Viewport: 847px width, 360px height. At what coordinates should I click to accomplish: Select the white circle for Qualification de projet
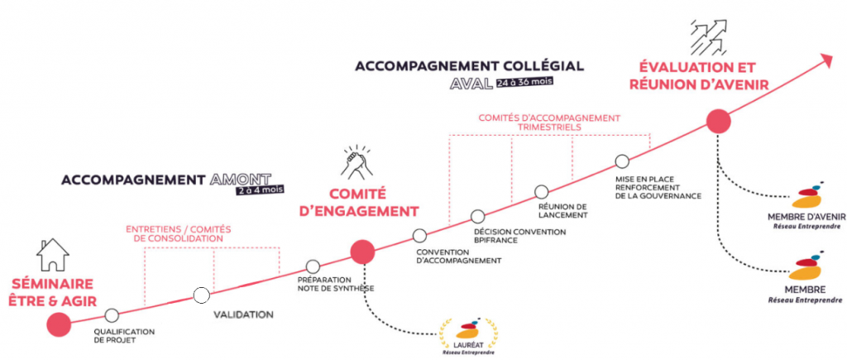pos(112,315)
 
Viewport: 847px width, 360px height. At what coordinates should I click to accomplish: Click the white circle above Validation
pos(201,295)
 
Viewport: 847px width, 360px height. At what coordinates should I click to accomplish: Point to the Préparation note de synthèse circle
pos(313,266)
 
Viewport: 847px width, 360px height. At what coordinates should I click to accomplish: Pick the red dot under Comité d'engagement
pos(362,252)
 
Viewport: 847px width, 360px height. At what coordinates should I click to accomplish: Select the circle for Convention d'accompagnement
pos(419,235)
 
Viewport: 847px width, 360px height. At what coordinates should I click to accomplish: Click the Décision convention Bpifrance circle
pos(478,216)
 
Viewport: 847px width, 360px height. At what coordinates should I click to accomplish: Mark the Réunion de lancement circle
pos(542,191)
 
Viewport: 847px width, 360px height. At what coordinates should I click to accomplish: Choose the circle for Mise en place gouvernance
pos(622,161)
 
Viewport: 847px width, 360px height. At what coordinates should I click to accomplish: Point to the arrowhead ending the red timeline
pos(825,60)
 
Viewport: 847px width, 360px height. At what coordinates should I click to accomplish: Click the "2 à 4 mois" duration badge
pos(260,190)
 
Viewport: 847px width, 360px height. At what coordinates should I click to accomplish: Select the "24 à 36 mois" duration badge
pos(525,83)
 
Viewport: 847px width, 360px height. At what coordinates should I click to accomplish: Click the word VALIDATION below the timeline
pos(243,315)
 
